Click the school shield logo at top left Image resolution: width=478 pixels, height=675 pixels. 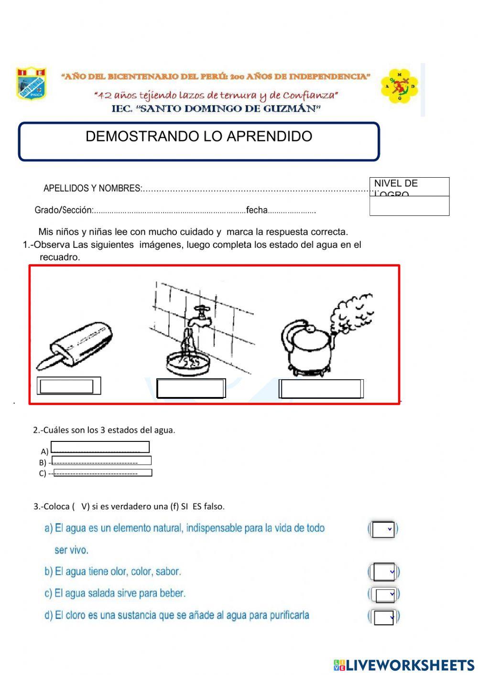[x=31, y=83]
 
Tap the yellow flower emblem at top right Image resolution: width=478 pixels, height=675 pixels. [x=400, y=86]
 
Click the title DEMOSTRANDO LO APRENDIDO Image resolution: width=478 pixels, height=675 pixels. [x=198, y=137]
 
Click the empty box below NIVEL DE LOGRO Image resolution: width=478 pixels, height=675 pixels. [x=409, y=206]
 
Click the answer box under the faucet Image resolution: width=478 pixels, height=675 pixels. [x=191, y=389]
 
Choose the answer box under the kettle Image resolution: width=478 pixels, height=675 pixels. [x=321, y=389]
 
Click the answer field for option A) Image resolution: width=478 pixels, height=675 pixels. [x=100, y=447]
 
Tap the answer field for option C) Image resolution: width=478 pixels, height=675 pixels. [x=103, y=473]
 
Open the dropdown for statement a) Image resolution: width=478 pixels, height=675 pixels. [x=383, y=529]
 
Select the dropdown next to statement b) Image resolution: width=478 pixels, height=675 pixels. [x=384, y=572]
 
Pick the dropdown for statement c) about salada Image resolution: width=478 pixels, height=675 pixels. [x=385, y=595]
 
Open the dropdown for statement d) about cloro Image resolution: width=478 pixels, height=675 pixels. [x=384, y=617]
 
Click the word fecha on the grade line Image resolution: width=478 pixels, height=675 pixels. [x=257, y=210]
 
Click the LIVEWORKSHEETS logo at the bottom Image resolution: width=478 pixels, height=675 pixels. [x=404, y=665]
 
